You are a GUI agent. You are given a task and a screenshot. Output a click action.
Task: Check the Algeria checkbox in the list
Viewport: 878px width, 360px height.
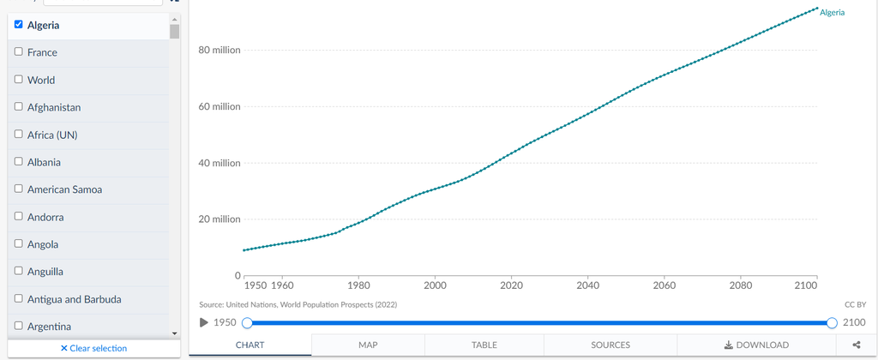pyautogui.click(x=19, y=25)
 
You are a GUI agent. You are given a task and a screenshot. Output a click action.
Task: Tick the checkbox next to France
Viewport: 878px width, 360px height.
pyautogui.click(x=19, y=51)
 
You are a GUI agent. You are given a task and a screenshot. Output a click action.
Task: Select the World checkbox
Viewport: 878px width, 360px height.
pyautogui.click(x=19, y=79)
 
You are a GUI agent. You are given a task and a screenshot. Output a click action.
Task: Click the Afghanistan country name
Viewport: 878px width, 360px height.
pyautogui.click(x=54, y=107)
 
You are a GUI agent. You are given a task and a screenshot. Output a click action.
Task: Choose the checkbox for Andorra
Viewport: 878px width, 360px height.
pyautogui.click(x=19, y=216)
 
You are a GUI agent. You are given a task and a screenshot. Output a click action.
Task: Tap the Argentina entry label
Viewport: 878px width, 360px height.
pyautogui.click(x=49, y=327)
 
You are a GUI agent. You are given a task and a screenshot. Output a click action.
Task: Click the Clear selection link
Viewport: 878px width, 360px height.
pyautogui.click(x=93, y=348)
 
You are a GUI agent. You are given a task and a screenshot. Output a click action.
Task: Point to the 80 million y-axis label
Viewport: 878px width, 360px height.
pyautogui.click(x=219, y=51)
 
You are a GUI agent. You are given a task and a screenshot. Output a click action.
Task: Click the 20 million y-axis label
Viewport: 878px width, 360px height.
pyautogui.click(x=219, y=219)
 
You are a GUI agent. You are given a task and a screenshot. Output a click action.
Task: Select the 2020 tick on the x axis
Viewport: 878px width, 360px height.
pyautogui.click(x=511, y=285)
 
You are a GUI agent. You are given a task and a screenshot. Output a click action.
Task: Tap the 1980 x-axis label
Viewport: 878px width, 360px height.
pyautogui.click(x=358, y=285)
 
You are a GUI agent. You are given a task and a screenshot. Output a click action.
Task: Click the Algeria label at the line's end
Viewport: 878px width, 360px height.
pyautogui.click(x=832, y=12)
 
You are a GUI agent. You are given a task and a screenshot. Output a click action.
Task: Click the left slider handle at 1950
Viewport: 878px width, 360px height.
pyautogui.click(x=247, y=322)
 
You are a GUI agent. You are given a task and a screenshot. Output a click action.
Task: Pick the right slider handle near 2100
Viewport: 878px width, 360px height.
pyautogui.click(x=832, y=322)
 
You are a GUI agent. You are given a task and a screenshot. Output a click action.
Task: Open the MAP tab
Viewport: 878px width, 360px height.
pyautogui.click(x=368, y=345)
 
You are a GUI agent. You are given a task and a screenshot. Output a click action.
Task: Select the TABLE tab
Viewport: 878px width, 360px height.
pyautogui.click(x=484, y=345)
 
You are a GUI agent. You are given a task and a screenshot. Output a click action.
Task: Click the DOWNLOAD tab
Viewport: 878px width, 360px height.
pyautogui.click(x=756, y=345)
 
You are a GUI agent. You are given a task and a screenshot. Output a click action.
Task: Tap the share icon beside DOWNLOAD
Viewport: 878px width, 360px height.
pyautogui.click(x=857, y=345)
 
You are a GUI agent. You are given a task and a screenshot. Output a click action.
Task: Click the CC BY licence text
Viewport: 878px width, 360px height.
pyautogui.click(x=855, y=304)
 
